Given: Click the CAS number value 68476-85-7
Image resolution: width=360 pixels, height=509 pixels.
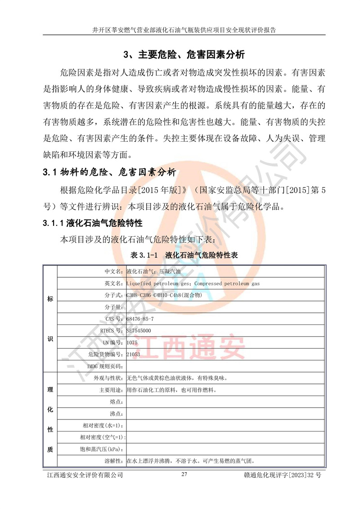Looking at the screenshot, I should (x=140, y=319).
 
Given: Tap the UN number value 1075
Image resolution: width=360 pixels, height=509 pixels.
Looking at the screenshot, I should (x=133, y=342).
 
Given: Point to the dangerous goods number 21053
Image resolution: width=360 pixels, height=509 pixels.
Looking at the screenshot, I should (x=134, y=355).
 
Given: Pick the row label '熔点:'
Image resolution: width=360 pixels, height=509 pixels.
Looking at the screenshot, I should (x=116, y=402).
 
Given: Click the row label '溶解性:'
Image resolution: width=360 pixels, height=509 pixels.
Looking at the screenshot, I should (x=113, y=461).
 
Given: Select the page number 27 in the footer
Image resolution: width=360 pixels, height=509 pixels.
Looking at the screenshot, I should (x=184, y=474).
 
